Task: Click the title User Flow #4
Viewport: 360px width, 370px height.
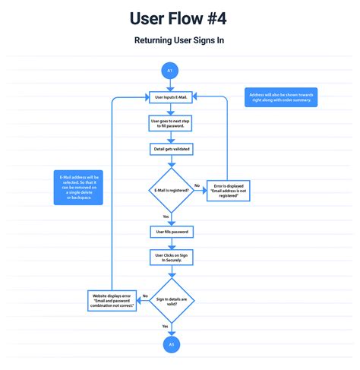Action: [x=180, y=17]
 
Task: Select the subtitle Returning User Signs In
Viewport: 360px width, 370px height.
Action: [x=180, y=40]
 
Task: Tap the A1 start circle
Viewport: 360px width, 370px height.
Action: [x=170, y=71]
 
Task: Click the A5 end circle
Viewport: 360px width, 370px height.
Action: [x=170, y=344]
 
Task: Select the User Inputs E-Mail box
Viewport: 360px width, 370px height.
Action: [x=170, y=97]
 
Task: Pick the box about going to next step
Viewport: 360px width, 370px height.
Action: [x=170, y=122]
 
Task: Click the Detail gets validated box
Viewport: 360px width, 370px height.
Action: [x=170, y=149]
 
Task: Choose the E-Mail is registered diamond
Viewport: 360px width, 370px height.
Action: [x=170, y=190]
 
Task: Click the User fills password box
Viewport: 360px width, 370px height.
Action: [x=170, y=230]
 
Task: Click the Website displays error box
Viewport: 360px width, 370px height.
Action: [x=112, y=301]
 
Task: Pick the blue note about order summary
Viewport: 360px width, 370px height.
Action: [x=282, y=97]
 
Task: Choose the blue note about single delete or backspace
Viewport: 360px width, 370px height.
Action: [x=79, y=187]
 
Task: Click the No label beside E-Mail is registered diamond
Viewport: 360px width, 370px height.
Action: [x=197, y=185]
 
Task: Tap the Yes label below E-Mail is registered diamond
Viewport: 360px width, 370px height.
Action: [x=166, y=216]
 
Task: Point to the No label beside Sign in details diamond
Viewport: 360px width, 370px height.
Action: [x=145, y=295]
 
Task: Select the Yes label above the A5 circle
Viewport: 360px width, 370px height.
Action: [x=165, y=326]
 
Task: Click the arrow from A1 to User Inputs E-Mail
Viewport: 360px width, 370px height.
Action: [x=170, y=84]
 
